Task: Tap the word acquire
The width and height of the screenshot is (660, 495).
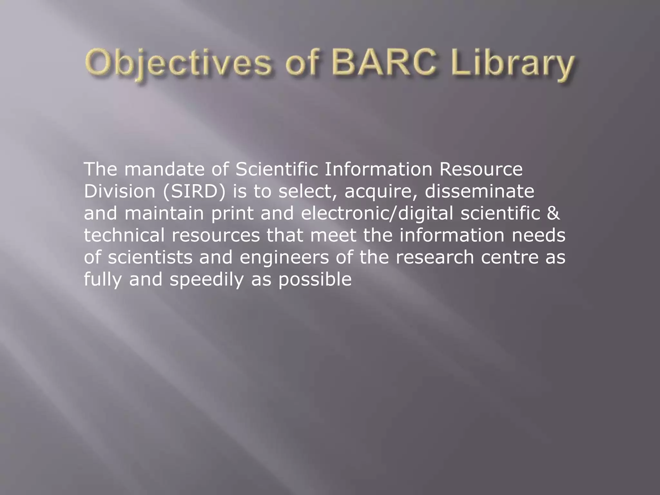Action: [381, 192]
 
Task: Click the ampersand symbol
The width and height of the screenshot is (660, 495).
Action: [553, 213]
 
